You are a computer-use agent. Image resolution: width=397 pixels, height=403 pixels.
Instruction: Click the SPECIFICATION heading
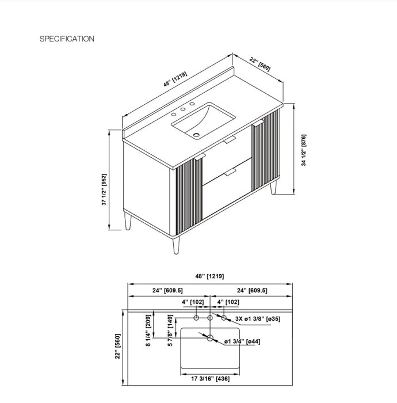pyautogui.click(x=67, y=39)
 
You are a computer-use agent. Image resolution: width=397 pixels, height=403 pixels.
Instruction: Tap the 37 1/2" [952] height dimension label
pyautogui.click(x=104, y=189)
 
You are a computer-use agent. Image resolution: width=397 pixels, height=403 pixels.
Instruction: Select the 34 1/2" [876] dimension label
pyautogui.click(x=304, y=150)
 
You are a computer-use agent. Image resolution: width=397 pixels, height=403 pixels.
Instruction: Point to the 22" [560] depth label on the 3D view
pyautogui.click(x=260, y=64)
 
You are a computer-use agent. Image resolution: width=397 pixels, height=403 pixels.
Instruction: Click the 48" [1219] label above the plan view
pyautogui.click(x=209, y=276)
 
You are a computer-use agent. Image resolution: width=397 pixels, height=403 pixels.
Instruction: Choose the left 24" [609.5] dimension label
pyautogui.click(x=167, y=290)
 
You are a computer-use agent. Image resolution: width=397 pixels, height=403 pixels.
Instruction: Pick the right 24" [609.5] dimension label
pyautogui.click(x=252, y=290)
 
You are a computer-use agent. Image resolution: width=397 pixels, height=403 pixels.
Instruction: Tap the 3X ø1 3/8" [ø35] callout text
pyautogui.click(x=258, y=319)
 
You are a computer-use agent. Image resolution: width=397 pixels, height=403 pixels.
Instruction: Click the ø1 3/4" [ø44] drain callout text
pyautogui.click(x=242, y=341)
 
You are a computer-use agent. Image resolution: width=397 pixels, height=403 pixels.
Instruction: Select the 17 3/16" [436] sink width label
pyautogui.click(x=211, y=379)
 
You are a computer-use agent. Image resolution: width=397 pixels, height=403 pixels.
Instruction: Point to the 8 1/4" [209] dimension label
pyautogui.click(x=148, y=330)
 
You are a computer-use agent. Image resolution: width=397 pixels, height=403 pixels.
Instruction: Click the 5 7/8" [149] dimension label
pyautogui.click(x=170, y=330)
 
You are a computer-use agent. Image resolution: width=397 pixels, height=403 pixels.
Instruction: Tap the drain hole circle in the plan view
pyautogui.click(x=210, y=338)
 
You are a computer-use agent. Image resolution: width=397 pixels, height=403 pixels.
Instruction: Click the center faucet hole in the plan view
pyautogui.click(x=210, y=318)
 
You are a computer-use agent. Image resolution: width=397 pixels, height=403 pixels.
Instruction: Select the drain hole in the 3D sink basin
pyautogui.click(x=196, y=134)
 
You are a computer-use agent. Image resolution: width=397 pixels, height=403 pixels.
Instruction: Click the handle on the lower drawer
pyautogui.click(x=230, y=172)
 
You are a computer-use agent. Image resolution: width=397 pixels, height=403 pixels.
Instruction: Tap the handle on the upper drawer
pyautogui.click(x=230, y=140)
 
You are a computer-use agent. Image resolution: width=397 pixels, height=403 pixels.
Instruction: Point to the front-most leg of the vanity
pyautogui.click(x=176, y=245)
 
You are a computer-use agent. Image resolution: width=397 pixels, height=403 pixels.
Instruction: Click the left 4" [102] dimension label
pyautogui.click(x=193, y=302)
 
